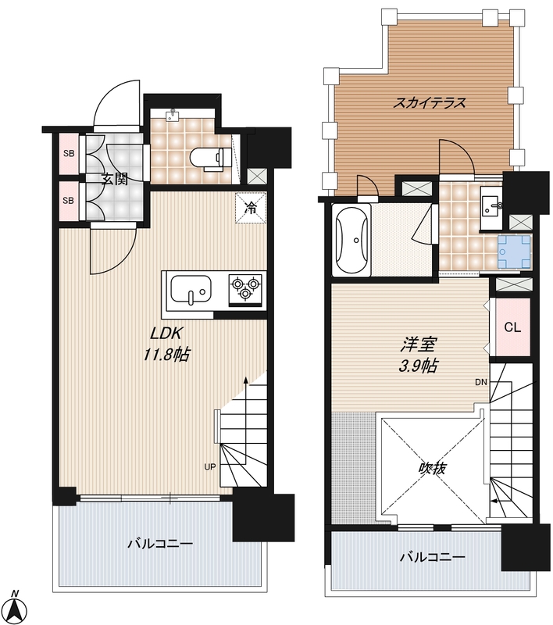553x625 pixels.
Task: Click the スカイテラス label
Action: [429, 103]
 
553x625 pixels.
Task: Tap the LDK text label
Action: [166, 334]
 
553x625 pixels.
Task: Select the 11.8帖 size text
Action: [166, 354]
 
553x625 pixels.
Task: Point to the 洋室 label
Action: [419, 345]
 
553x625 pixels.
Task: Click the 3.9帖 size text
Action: [419, 366]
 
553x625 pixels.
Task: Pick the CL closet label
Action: [512, 327]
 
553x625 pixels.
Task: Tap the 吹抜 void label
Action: [431, 469]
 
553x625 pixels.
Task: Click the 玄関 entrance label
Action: [115, 180]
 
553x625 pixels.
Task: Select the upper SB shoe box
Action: [69, 153]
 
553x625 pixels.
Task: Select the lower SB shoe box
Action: [69, 201]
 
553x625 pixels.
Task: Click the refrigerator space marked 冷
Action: [251, 208]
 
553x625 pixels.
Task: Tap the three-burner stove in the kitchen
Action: [245, 289]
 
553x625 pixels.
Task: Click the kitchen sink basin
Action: [191, 289]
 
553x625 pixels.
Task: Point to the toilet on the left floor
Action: [211, 159]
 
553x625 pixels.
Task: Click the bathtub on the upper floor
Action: [352, 240]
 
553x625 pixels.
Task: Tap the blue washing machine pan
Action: [514, 252]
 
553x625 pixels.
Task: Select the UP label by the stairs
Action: [209, 466]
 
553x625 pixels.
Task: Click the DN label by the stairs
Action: [481, 382]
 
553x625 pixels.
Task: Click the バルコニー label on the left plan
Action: [160, 544]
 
